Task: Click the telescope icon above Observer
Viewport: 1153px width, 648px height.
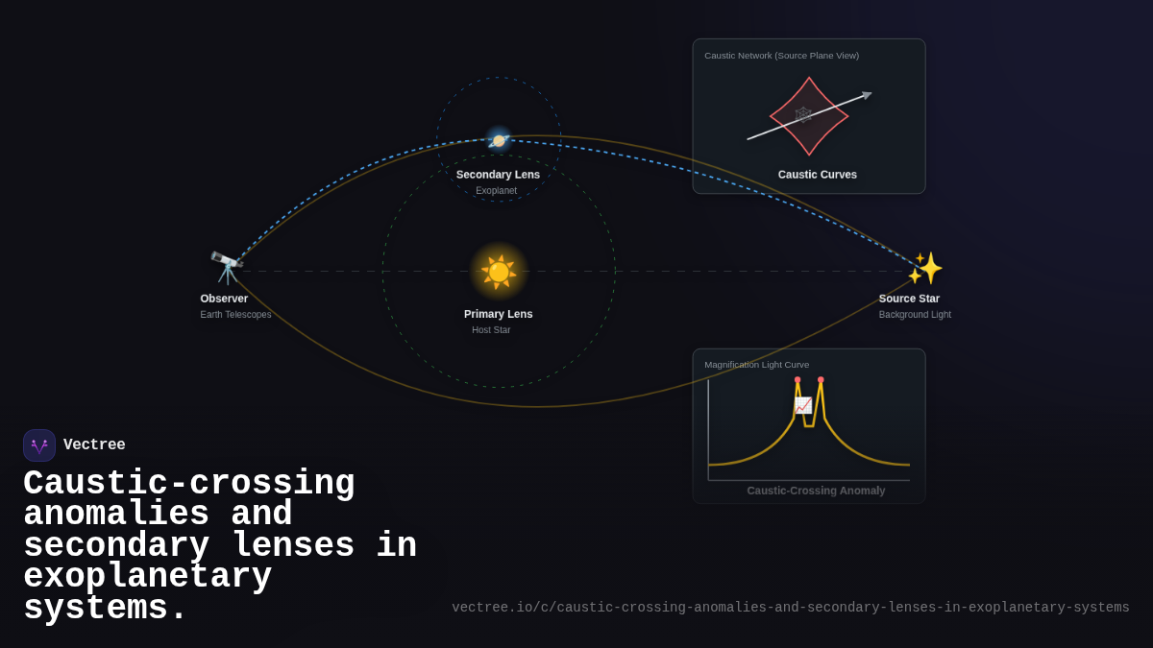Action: tap(227, 268)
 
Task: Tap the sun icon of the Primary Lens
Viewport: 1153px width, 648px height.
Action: tap(499, 272)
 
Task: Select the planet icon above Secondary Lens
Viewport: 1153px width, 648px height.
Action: tap(499, 140)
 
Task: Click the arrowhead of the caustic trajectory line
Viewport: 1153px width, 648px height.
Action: tap(867, 95)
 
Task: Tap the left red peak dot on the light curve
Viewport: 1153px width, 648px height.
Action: tap(797, 380)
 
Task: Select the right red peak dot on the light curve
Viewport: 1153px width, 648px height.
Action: tap(821, 380)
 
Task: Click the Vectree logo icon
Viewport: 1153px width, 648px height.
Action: tap(39, 445)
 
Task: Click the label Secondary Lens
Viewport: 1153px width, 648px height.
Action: tap(498, 175)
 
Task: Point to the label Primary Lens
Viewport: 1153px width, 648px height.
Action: tap(498, 314)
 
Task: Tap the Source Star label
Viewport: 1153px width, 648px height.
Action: tap(909, 299)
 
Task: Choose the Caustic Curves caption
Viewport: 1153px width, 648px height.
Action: tap(818, 175)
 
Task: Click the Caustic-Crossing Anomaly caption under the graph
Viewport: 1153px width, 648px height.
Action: tap(816, 491)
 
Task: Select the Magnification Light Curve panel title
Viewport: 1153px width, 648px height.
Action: tap(756, 365)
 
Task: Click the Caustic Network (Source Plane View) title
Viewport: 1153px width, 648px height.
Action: tap(781, 56)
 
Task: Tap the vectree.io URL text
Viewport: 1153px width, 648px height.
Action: tap(790, 608)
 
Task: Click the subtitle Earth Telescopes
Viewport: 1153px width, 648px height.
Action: tap(235, 315)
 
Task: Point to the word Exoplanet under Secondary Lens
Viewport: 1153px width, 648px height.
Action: tap(496, 191)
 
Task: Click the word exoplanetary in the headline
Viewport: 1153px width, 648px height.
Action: tap(147, 577)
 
